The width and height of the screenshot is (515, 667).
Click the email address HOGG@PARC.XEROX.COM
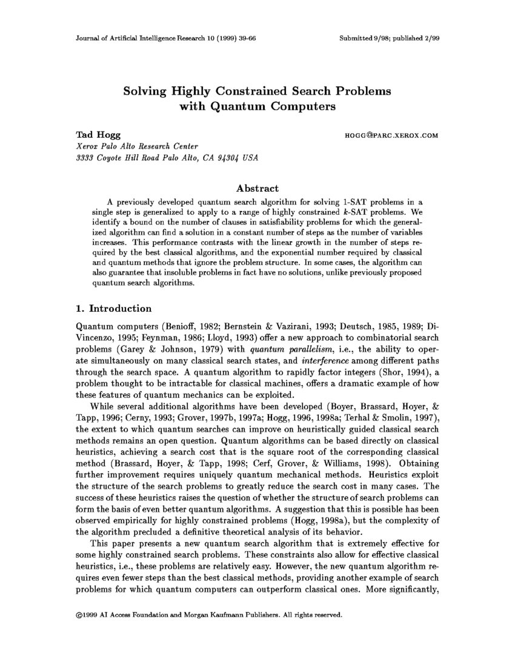(390, 136)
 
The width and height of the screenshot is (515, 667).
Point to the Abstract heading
(257, 189)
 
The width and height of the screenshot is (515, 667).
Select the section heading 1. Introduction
(113, 308)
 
